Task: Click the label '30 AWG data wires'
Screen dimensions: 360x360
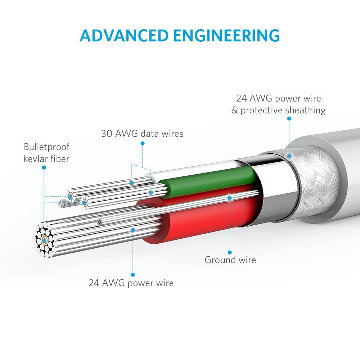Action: point(142,134)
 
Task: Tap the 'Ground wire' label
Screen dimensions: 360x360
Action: point(230,260)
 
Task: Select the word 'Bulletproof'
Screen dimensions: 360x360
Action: point(46,147)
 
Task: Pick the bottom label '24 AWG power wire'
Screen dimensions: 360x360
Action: point(131,283)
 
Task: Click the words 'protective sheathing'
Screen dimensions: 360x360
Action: point(283,110)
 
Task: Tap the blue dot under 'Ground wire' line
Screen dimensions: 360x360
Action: point(230,252)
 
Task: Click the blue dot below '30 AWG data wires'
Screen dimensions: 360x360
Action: point(142,143)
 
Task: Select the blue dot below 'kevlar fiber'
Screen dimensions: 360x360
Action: point(44,167)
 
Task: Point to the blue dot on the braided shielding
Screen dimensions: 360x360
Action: point(289,156)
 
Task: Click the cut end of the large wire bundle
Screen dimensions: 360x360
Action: point(44,239)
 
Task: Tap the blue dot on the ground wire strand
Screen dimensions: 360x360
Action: point(229,197)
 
